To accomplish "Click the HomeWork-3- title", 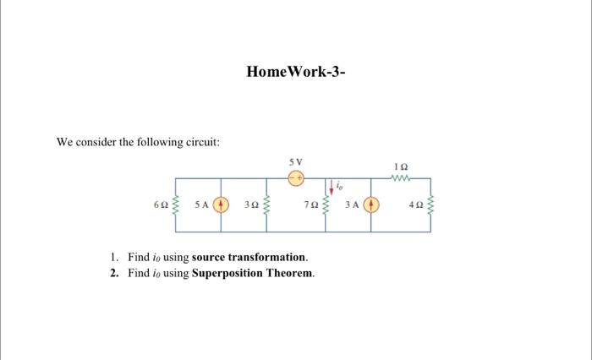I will (296, 72).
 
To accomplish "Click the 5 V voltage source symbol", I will (296, 178).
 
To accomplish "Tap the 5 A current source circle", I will (221, 204).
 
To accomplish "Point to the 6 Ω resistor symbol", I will (176, 204).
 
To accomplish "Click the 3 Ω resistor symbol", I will (266, 204).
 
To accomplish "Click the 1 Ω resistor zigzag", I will (402, 178).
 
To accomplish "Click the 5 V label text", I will (295, 161).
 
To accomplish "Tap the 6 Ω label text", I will (160, 205).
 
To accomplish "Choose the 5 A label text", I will (200, 205).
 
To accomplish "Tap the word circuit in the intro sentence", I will (201, 142).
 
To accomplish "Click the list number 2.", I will (114, 273).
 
